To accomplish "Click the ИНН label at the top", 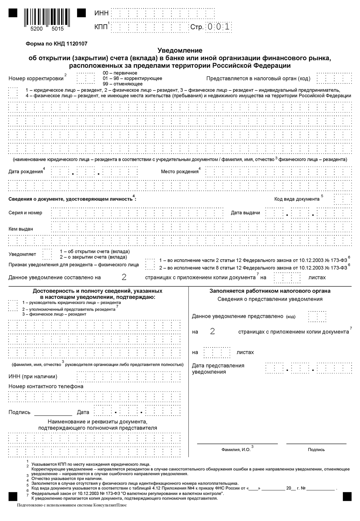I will pos(101,14).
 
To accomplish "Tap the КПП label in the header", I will pos(101,27).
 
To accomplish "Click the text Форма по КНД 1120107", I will pos(56,44).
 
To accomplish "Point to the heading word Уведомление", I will pos(180,50).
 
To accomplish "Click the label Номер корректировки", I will pos(36,79).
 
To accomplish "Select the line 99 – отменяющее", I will pos(122,84).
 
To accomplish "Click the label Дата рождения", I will pos(25,172).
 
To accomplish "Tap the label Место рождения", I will pos(180,172).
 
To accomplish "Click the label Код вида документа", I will pos(297,199).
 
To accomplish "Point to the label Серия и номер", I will pos(25,213).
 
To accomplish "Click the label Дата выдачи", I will pos(245,213).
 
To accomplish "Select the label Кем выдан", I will pos(21,229).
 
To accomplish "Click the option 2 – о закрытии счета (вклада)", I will pos(93,257).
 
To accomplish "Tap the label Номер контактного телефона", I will pos(46,387).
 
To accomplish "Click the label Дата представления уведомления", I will pos(218,369).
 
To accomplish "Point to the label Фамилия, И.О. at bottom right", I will pos(236,450).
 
